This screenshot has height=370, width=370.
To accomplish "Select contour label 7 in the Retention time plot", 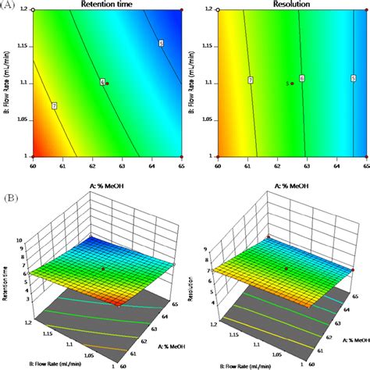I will [x=54, y=105].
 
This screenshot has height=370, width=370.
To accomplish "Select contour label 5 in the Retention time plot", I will [x=161, y=44].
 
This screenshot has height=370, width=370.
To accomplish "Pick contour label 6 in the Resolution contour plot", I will [x=301, y=79].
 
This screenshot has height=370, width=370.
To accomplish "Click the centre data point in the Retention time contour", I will [x=107, y=83].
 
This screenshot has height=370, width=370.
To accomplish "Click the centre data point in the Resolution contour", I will [x=292, y=83].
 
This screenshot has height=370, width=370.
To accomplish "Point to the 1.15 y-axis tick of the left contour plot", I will [x=23, y=47].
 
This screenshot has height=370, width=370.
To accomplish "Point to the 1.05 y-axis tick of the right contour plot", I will [x=208, y=119].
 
